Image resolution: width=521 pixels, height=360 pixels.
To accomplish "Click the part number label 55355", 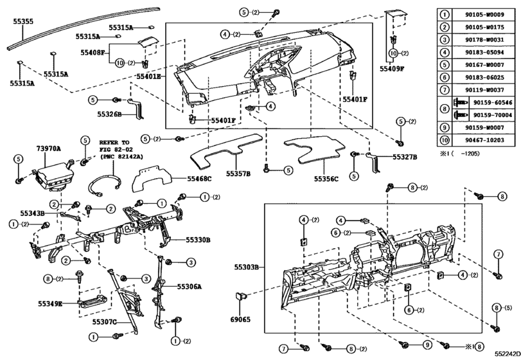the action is coord(23,22).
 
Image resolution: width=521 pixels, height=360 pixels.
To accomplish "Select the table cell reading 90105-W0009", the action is coord(484,15).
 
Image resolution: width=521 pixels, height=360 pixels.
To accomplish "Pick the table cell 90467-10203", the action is coord(484,140).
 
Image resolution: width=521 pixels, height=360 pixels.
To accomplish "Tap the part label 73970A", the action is coord(49,148).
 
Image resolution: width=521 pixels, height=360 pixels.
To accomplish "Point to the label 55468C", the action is coord(199,179).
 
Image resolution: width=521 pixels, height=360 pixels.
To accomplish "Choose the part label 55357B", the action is coord(238,174).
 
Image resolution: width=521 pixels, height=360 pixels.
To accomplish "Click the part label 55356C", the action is coord(326,179).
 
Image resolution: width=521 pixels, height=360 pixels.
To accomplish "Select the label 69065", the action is coord(240,319).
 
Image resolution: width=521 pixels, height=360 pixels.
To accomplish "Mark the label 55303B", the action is coord(246,267).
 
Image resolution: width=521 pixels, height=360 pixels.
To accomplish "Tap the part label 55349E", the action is coord(50,303).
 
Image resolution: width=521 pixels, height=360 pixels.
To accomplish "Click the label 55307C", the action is coord(104,322).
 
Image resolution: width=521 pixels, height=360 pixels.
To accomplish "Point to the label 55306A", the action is coord(189,287).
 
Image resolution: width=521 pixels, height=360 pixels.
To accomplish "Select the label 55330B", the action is coord(198,240).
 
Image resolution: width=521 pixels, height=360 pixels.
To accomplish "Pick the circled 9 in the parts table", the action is coord(445,128).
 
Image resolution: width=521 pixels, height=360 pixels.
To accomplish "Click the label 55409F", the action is coord(392,69).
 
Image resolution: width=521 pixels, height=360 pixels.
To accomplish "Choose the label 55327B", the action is coord(405,157).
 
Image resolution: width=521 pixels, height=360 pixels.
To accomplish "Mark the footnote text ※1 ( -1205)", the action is coord(459,154).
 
